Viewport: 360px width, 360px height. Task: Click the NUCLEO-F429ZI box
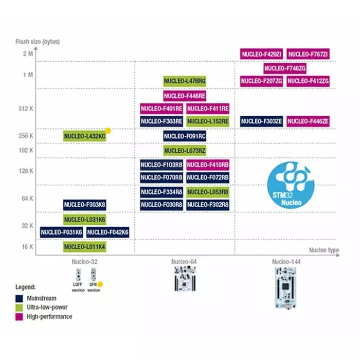(x=261, y=54)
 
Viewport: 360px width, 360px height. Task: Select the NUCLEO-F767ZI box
(x=308, y=54)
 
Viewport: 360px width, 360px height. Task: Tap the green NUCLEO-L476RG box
(x=185, y=81)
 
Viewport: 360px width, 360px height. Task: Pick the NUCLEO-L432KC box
(x=85, y=136)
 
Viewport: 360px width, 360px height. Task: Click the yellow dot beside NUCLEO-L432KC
(x=108, y=131)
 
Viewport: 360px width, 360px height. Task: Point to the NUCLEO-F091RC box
(x=185, y=136)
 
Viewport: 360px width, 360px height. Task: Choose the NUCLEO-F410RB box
(x=208, y=165)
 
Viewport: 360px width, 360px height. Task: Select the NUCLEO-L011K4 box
(x=85, y=247)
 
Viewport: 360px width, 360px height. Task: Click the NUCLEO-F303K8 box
(x=85, y=205)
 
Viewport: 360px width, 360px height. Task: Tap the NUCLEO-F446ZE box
(x=308, y=121)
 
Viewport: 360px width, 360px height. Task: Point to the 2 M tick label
(x=28, y=54)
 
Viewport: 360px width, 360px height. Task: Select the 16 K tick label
(x=27, y=247)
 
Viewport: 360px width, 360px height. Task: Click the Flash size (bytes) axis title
(x=38, y=41)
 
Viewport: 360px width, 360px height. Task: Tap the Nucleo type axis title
(x=324, y=250)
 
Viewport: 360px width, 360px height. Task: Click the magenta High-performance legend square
(x=19, y=316)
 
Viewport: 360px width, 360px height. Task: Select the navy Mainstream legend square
(x=19, y=298)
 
